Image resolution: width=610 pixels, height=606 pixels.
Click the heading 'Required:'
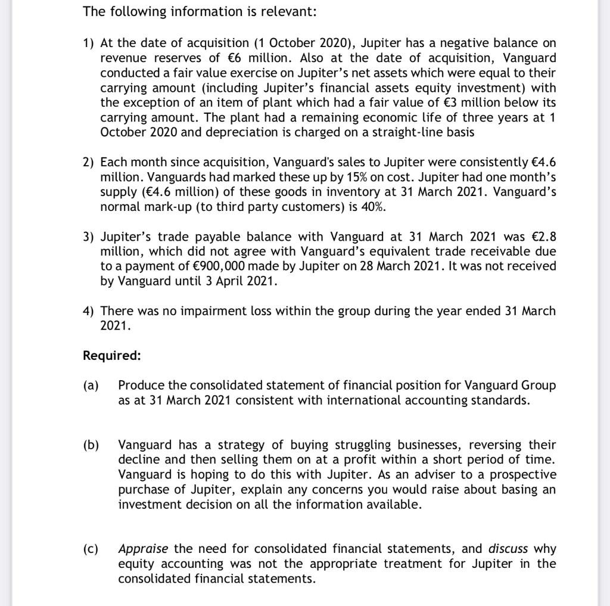[x=111, y=356]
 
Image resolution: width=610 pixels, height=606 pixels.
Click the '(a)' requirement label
[x=91, y=386]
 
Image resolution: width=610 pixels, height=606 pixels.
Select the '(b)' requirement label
[x=91, y=445]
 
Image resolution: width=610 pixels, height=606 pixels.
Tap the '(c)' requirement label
[x=91, y=549]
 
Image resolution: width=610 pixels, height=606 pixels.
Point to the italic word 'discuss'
[x=508, y=549]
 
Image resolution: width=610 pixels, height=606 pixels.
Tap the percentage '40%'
[x=376, y=207]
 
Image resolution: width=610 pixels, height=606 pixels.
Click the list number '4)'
[x=89, y=311]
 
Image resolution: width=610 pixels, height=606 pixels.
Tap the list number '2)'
[x=89, y=163]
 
